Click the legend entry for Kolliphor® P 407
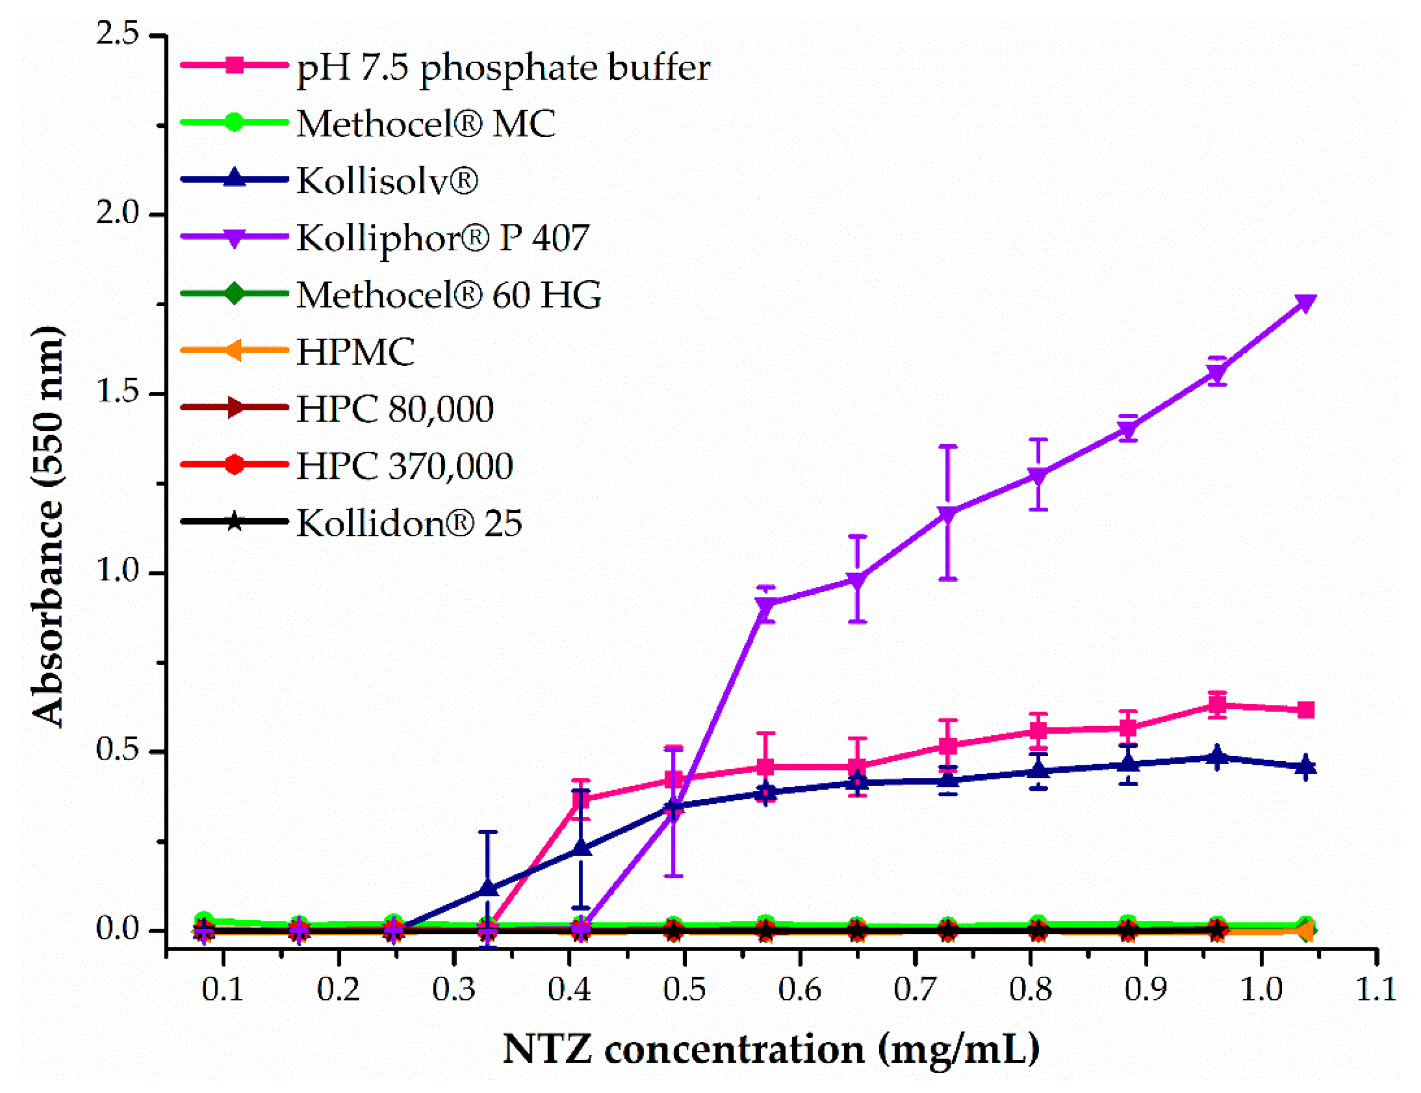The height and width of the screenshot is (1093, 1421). point(442,237)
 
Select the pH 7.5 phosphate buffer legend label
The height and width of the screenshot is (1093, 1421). point(503,67)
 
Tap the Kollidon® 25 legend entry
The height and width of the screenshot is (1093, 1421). point(408,523)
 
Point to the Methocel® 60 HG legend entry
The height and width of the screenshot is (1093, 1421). point(449,295)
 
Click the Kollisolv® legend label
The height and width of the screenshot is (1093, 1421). point(387,180)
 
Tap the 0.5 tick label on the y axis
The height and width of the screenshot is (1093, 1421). point(118,750)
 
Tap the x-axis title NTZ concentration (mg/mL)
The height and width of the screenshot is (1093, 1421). point(771,1049)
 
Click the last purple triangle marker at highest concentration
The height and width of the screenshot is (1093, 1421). point(1305,303)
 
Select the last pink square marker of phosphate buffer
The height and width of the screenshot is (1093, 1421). point(1305,710)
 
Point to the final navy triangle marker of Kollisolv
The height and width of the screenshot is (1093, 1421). point(1305,767)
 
